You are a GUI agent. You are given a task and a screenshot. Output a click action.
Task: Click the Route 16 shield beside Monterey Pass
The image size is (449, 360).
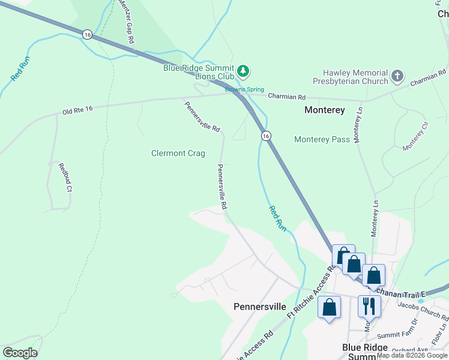point(265,137)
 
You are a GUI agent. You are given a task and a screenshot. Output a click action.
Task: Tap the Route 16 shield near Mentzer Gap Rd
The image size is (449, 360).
point(88,35)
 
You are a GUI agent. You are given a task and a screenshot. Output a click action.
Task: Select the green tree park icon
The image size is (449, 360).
point(243,71)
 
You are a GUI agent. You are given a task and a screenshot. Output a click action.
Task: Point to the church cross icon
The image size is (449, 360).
point(397,76)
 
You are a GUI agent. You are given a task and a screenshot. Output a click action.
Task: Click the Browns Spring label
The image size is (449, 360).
point(240,90)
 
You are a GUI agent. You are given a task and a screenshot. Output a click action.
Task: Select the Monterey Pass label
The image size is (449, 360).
point(322,139)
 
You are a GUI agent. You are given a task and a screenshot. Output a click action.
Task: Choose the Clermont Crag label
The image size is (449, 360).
point(178,154)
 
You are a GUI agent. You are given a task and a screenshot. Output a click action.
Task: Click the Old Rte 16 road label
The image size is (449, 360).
point(77,110)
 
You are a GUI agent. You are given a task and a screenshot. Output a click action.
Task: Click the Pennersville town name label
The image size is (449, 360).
point(259,307)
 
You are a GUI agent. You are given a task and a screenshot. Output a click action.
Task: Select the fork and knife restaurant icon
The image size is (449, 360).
point(368,306)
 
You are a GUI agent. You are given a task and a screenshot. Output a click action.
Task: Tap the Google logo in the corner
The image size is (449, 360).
point(20,353)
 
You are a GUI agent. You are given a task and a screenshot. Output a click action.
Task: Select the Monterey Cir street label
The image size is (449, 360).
point(416,136)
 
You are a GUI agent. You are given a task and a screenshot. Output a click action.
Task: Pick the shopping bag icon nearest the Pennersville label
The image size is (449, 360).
point(329,307)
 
